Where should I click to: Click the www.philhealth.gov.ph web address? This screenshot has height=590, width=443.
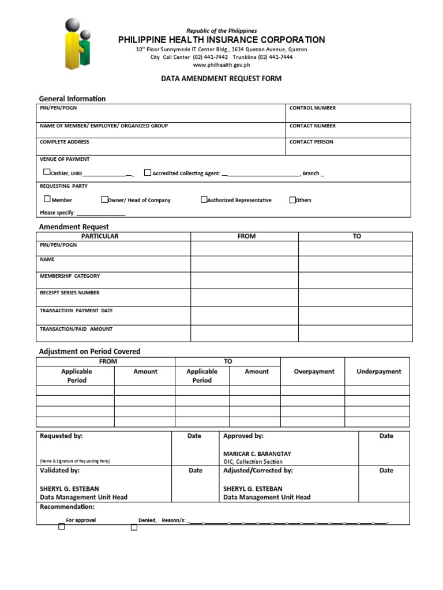221,65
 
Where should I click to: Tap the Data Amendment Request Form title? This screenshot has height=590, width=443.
221,78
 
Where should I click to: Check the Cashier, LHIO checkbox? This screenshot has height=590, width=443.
47,172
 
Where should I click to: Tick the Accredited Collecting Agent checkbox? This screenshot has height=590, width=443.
148,172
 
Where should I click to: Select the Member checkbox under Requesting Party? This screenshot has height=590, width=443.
47,199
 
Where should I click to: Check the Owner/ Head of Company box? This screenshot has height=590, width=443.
104,199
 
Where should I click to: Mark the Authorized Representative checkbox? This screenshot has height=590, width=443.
204,199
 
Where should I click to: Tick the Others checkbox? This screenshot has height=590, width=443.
293,199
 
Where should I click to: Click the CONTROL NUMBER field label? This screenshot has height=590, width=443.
312,108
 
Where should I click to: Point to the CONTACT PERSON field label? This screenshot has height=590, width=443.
311,142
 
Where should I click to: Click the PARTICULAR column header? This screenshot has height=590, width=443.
100,236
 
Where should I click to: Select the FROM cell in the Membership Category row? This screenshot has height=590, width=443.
244,280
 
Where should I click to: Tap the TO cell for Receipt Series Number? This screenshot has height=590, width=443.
355,297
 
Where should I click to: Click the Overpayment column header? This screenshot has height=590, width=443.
314,372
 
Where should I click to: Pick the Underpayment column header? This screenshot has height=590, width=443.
378,372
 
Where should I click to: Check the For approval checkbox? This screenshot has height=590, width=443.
62,527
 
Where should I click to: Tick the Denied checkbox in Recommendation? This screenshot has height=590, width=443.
134,527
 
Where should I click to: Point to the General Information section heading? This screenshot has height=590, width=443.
72,99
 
